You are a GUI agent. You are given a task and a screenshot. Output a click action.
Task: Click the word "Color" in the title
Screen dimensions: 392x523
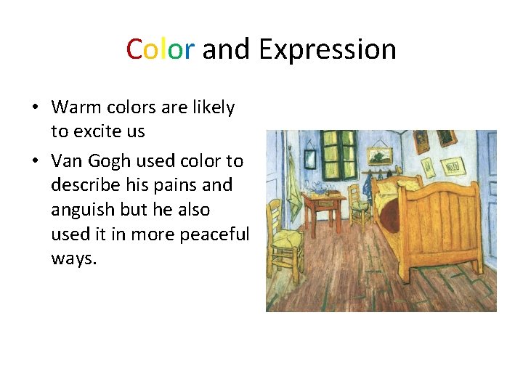[160, 49]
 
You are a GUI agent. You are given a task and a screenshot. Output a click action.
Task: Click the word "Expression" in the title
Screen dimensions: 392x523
[328, 50]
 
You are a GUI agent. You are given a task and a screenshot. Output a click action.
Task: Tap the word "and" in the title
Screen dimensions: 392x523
[226, 49]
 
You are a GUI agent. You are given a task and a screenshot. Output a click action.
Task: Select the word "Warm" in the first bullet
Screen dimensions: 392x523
[76, 107]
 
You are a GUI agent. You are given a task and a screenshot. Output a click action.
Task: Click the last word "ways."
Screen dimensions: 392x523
[73, 259]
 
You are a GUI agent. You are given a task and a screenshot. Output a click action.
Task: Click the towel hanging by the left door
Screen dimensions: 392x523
[293, 185]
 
